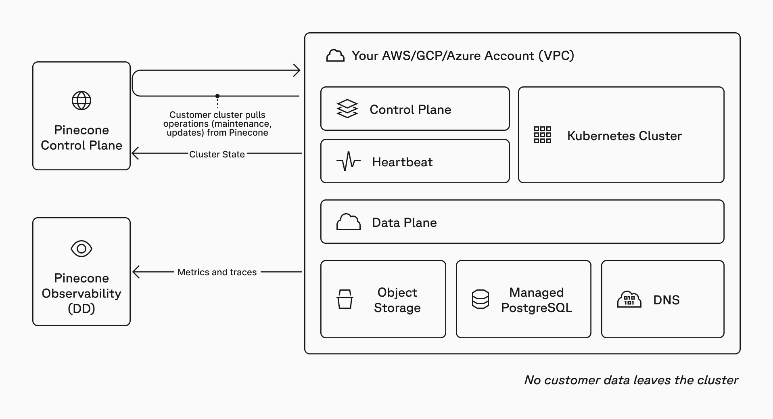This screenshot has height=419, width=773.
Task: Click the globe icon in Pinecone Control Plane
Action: click(81, 101)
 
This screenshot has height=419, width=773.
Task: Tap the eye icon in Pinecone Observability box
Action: click(81, 249)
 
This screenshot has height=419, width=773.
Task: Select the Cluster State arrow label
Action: click(217, 154)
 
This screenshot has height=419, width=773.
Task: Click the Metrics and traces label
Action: click(217, 272)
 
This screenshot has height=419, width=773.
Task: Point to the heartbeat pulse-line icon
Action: click(348, 161)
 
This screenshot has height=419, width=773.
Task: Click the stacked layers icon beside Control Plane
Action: click(347, 109)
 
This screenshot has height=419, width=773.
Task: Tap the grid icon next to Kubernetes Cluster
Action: click(542, 135)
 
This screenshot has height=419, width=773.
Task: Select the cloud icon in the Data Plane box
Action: click(348, 222)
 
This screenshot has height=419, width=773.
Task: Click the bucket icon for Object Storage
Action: click(345, 299)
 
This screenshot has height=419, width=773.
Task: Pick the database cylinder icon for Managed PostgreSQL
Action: click(480, 299)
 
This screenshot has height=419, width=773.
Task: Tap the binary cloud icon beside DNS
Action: click(629, 300)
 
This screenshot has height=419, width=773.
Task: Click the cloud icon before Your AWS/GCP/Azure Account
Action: click(335, 56)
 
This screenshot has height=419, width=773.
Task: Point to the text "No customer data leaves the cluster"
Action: click(631, 380)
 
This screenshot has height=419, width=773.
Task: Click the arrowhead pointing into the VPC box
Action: click(297, 70)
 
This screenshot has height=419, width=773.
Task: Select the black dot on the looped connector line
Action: click(217, 96)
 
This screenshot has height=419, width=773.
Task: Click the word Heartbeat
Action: click(402, 162)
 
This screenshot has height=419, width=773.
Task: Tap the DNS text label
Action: click(666, 300)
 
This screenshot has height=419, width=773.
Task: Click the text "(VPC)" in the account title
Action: click(556, 56)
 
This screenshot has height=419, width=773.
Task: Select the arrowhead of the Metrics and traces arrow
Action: click(136, 272)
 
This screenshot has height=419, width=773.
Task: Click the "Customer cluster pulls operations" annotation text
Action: click(217, 124)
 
